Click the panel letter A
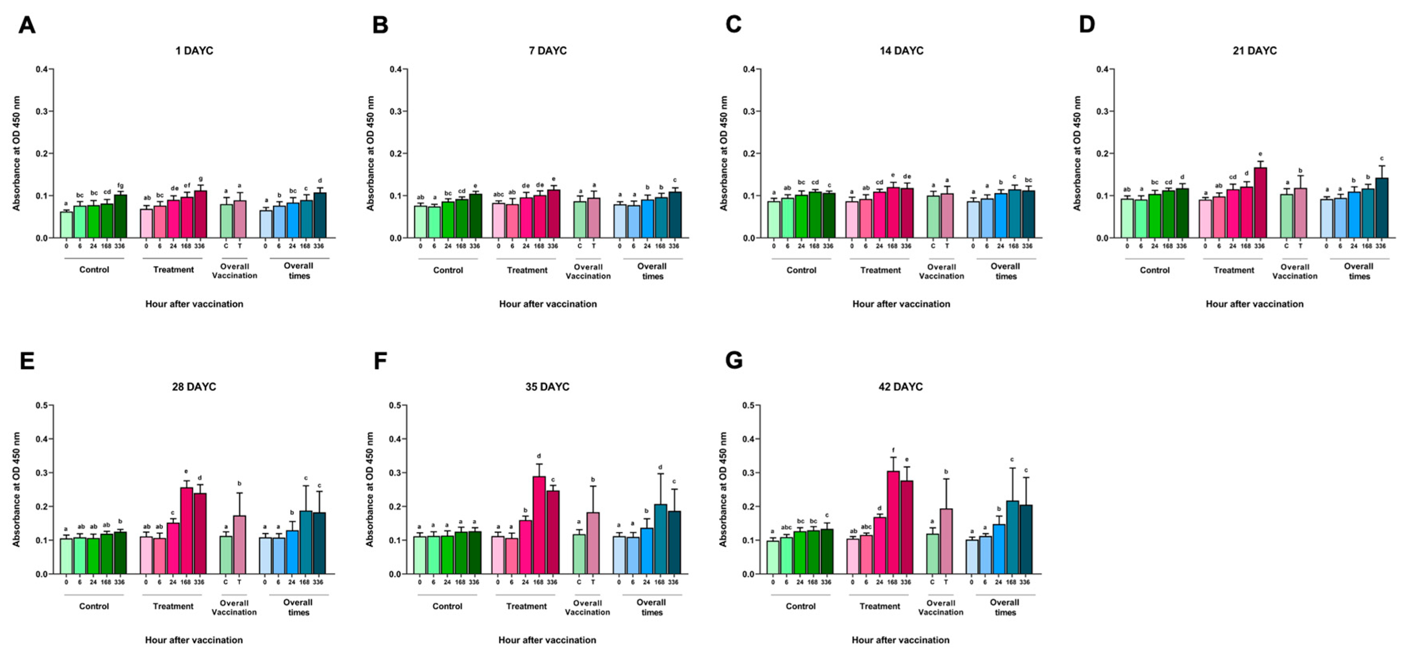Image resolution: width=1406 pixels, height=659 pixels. (x=27, y=25)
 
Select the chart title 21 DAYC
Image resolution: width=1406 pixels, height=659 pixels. (x=1254, y=51)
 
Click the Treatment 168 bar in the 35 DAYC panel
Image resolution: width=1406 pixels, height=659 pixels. (x=539, y=525)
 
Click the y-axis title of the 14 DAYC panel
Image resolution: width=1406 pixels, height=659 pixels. (x=724, y=153)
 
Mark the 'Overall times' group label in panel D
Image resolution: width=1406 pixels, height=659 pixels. (x=1358, y=271)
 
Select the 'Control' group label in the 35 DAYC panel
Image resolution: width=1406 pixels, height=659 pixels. (x=447, y=606)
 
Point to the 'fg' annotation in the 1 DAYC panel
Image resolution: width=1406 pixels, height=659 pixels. (x=120, y=185)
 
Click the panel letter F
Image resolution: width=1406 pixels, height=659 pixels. (x=380, y=361)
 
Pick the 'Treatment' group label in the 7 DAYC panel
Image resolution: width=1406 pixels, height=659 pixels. (x=527, y=270)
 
